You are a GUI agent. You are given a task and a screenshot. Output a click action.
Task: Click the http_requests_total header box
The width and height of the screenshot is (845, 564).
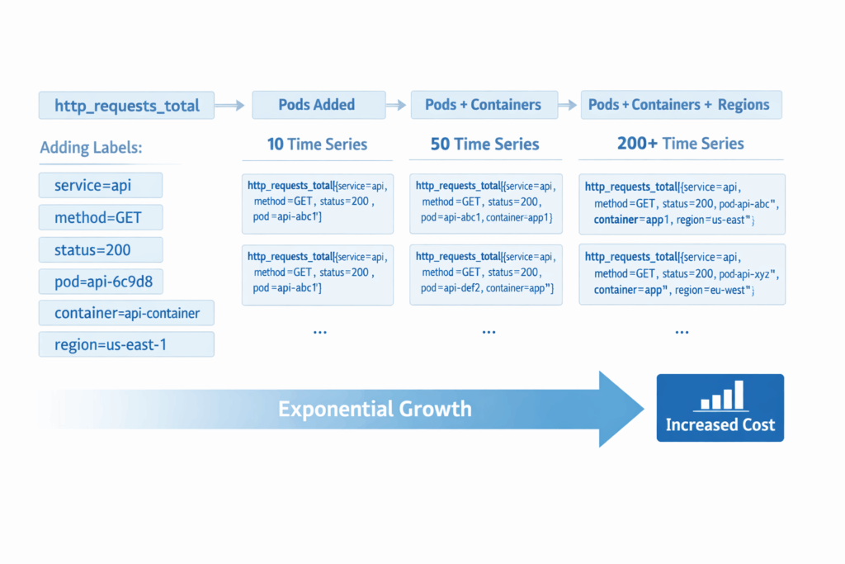click(126, 105)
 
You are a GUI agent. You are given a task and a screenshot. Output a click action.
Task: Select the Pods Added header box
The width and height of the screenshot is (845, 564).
click(319, 105)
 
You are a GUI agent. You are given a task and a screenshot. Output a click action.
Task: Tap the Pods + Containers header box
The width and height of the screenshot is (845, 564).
click(484, 105)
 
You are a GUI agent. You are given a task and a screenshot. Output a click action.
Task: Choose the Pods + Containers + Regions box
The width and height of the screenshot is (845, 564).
click(681, 105)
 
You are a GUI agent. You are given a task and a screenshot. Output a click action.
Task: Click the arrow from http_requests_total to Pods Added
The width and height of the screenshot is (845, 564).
click(229, 105)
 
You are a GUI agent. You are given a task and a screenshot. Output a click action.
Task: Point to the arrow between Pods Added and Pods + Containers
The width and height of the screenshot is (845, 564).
click(396, 105)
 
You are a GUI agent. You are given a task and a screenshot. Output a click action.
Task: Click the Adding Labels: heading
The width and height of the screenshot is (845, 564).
click(91, 147)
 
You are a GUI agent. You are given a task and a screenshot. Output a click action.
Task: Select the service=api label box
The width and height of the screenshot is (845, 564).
click(101, 186)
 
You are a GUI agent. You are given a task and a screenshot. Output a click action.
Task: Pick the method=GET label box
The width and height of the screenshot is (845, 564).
click(101, 217)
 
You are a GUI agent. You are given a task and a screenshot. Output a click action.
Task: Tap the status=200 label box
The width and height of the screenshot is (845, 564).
click(101, 249)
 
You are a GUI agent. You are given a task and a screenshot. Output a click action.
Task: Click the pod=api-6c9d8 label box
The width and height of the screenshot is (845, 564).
click(101, 282)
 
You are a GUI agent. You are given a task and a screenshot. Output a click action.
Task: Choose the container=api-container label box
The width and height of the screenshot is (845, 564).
click(126, 313)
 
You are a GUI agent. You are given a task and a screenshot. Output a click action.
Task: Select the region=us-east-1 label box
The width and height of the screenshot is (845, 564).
click(126, 344)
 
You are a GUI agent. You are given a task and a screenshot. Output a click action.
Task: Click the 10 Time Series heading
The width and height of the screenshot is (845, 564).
click(318, 144)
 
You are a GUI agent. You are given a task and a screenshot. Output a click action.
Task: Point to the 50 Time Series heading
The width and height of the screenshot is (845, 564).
click(485, 144)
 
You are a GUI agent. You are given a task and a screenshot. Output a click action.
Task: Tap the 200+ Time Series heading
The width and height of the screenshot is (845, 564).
click(681, 144)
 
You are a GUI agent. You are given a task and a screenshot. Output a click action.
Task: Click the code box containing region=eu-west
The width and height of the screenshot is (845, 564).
click(682, 274)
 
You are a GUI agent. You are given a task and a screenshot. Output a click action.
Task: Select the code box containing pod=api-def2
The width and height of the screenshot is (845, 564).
click(486, 275)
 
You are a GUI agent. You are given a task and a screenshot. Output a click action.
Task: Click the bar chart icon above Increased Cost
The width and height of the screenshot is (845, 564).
click(722, 395)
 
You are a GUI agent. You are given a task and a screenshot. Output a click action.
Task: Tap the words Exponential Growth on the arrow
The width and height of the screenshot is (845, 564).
click(375, 409)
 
